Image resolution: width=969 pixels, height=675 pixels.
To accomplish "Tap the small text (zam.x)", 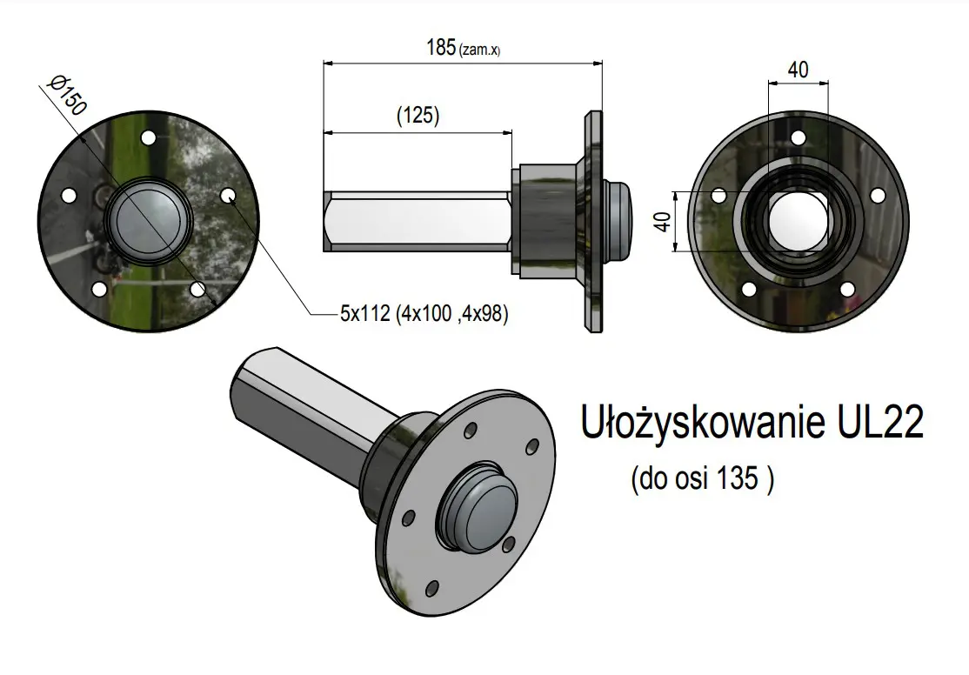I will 479,50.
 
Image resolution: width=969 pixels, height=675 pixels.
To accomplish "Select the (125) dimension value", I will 417,116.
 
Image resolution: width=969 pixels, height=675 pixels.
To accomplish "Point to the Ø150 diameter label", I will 68,96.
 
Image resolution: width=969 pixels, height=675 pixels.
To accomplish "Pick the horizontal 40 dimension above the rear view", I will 798,70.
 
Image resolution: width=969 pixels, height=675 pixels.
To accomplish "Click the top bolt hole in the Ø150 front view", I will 147,137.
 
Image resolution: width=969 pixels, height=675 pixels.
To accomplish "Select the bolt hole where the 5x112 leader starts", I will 228,196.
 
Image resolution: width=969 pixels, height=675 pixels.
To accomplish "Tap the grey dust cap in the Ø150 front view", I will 148,221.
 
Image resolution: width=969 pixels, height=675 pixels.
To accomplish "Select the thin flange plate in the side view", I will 592,221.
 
